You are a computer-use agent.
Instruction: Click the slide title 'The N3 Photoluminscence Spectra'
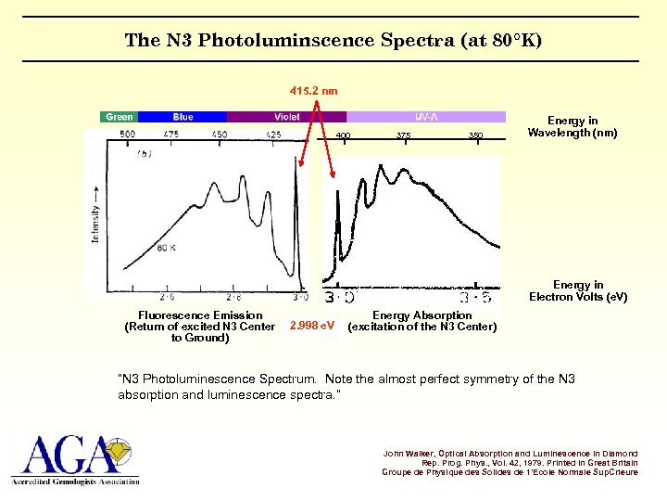click(333, 40)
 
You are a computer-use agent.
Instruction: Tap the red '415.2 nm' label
click(313, 91)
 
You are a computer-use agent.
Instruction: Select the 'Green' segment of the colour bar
click(119, 117)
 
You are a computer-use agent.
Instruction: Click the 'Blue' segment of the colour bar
click(182, 117)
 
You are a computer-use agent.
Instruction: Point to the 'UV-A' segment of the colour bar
click(427, 117)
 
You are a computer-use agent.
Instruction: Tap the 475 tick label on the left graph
click(171, 135)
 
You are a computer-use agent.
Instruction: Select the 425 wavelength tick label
click(273, 135)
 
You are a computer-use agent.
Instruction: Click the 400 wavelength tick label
click(343, 136)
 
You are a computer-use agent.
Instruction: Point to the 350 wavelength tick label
click(475, 136)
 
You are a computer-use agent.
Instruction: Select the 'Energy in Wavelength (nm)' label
click(573, 127)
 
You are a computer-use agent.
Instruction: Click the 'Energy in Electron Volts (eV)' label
click(578, 291)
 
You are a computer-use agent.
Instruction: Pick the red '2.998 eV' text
click(313, 327)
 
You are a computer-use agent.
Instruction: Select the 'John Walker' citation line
click(510, 453)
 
